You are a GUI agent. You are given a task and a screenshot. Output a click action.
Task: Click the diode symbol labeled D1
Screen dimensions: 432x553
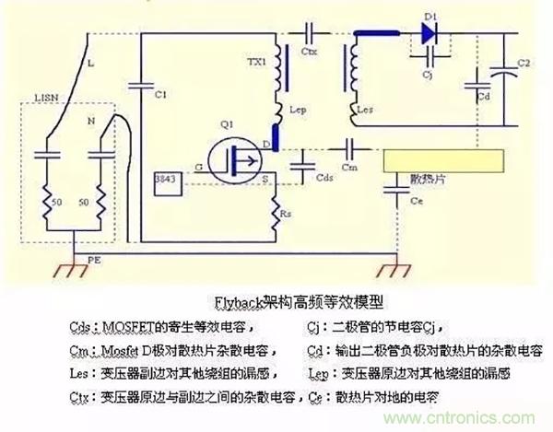(427, 33)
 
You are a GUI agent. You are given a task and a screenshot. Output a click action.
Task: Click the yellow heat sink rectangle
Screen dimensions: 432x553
(446, 162)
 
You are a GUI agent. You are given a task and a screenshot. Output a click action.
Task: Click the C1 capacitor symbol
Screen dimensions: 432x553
(139, 83)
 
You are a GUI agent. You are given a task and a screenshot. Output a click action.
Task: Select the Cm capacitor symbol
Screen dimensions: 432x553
(349, 147)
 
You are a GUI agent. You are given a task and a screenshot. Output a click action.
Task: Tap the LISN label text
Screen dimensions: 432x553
(43, 95)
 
